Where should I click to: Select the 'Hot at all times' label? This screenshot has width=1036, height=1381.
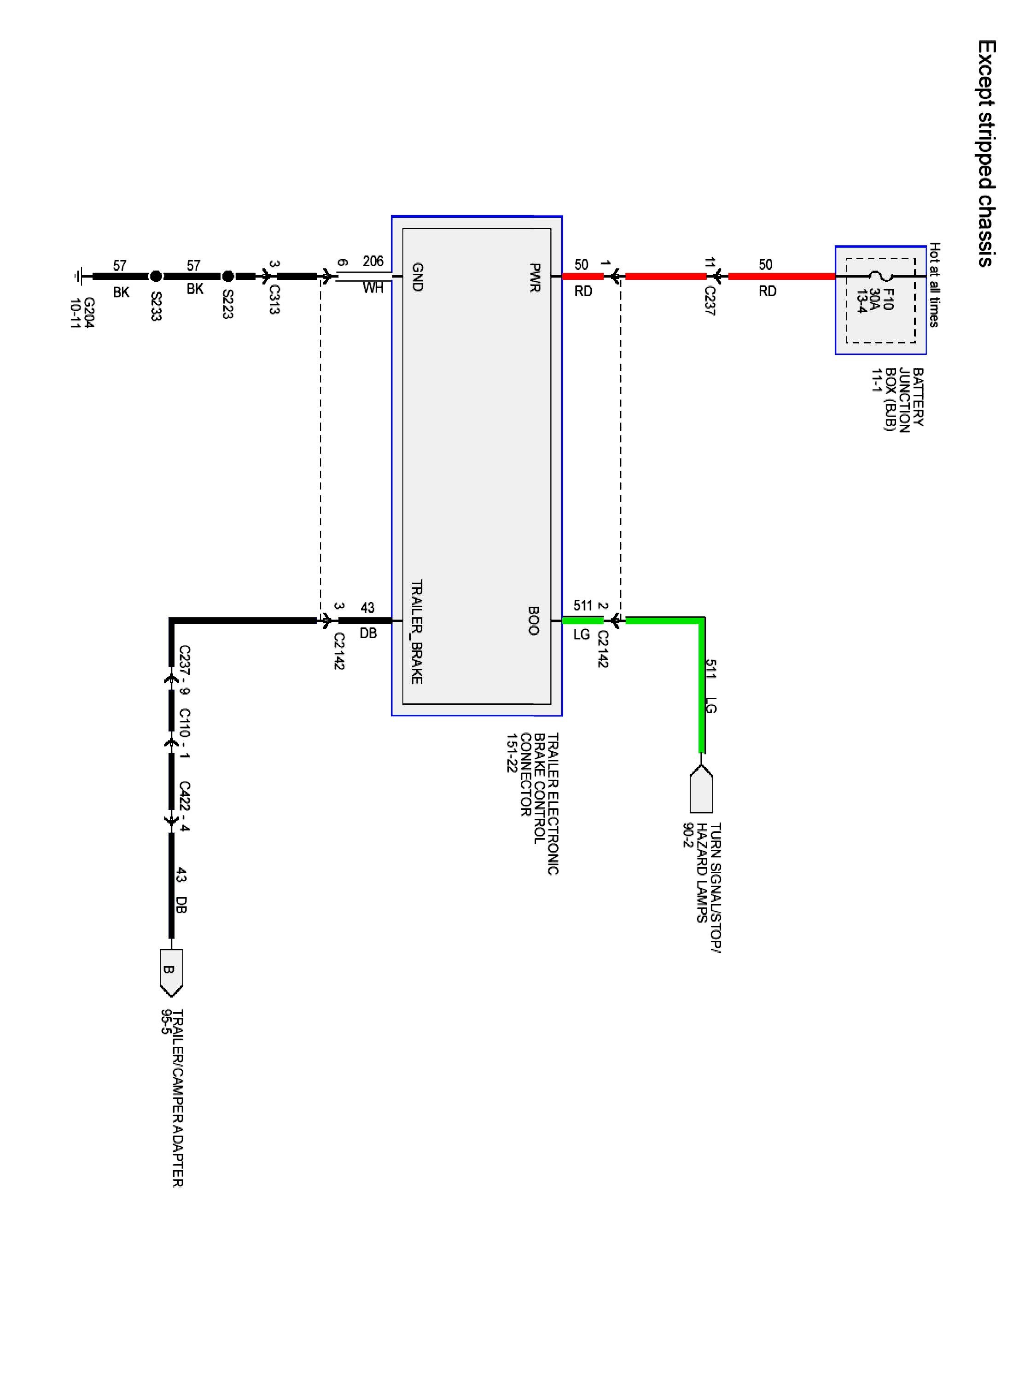click(x=934, y=284)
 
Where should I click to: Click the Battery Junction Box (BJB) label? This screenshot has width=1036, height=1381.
click(x=897, y=398)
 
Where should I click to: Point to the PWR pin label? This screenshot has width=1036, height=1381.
click(x=535, y=278)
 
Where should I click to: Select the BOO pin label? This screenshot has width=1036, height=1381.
click(x=533, y=621)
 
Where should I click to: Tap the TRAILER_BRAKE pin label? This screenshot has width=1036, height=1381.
click(x=417, y=632)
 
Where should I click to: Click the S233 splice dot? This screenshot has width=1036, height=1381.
click(x=156, y=276)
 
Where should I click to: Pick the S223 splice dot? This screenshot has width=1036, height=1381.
click(x=228, y=276)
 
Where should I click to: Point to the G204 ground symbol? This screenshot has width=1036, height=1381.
click(x=78, y=276)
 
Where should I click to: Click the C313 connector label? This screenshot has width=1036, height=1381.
click(x=274, y=300)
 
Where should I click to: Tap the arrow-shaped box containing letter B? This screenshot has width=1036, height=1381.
click(x=171, y=973)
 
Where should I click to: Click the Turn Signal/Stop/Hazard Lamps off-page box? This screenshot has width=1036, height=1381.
click(x=701, y=789)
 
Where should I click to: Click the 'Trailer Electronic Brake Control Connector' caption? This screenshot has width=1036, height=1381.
click(x=533, y=804)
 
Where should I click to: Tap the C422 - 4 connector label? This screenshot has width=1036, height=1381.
click(x=184, y=806)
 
